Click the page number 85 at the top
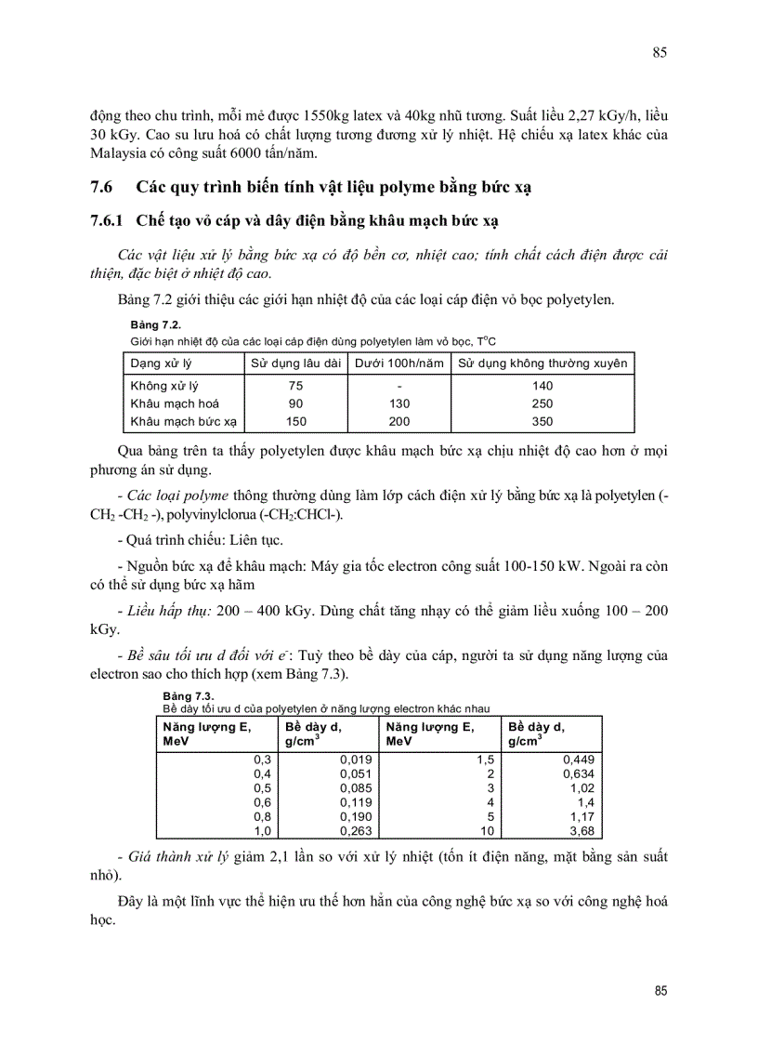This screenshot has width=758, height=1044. point(660,52)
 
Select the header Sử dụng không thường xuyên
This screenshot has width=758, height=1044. point(542,363)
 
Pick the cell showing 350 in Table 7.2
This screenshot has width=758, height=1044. point(542,421)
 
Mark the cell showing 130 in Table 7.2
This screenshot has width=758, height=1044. point(398,403)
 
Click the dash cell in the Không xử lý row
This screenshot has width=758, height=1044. point(398,386)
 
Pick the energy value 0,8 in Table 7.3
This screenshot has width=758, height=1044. point(262,816)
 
